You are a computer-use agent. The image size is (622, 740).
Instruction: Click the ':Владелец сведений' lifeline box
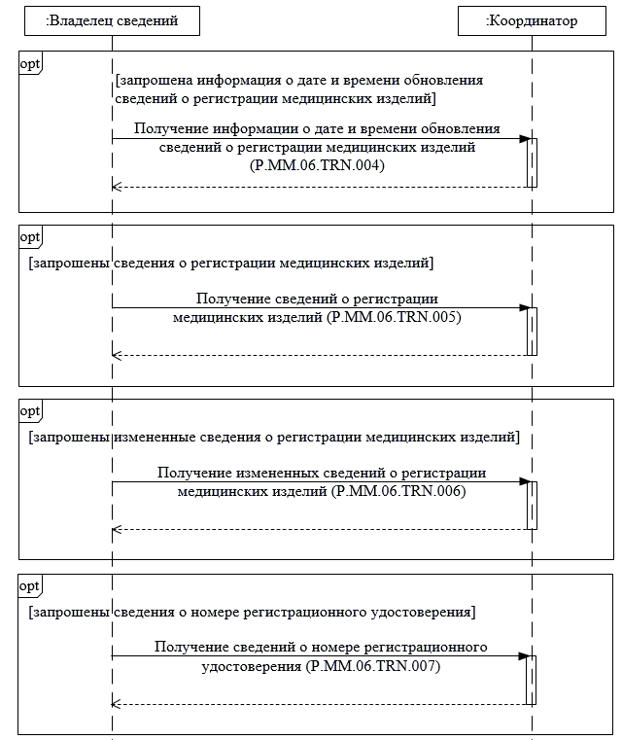[x=112, y=19]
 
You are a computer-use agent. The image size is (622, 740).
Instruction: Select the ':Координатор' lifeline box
[x=532, y=19]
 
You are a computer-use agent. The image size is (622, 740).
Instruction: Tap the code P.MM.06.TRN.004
[x=317, y=166]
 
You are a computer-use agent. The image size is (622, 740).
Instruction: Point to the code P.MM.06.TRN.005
[x=395, y=317]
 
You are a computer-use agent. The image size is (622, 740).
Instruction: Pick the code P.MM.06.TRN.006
[x=400, y=492]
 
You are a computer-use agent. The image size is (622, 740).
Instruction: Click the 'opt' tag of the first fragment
[x=30, y=62]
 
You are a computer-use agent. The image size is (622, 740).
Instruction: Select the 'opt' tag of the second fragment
[x=30, y=236]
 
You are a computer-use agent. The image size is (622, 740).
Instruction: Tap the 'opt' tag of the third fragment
[x=30, y=410]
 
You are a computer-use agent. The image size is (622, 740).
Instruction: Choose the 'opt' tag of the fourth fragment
[x=30, y=585]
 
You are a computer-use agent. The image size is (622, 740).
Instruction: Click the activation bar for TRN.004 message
[x=532, y=161]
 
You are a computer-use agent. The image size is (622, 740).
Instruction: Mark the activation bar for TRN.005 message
[x=532, y=331]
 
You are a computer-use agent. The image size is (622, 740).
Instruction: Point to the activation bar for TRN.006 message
[x=532, y=505]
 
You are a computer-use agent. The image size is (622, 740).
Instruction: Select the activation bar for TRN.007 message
[x=532, y=679]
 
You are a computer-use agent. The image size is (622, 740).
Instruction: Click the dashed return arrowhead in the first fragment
[x=117, y=186]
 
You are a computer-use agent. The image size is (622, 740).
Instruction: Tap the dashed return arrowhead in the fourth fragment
[x=117, y=704]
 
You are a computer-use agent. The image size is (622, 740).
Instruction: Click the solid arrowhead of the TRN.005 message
[x=523, y=307]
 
